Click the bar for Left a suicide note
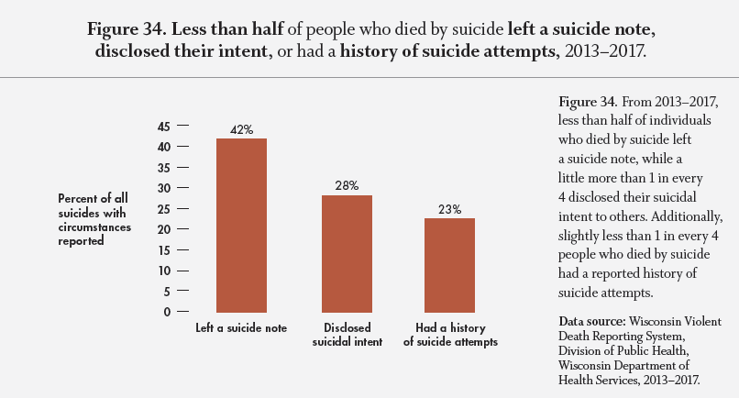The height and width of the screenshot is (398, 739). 241,225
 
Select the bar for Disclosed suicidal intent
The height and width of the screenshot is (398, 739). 347,253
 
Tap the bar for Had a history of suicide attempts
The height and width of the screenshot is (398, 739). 449,264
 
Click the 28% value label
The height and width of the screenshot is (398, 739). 347,186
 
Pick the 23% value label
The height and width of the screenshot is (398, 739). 449,209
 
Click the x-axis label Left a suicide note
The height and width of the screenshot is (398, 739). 241,327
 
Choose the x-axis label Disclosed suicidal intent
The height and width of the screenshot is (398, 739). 347,334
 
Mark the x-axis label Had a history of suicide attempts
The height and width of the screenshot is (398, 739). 449,334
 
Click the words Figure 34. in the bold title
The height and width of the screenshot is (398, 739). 121,28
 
